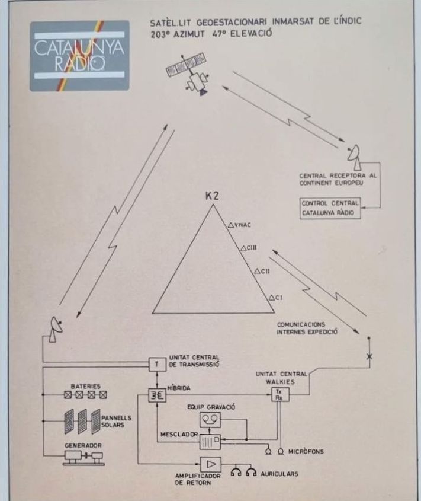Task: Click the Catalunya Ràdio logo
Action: [79, 56]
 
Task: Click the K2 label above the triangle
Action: [213, 196]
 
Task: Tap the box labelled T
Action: [157, 364]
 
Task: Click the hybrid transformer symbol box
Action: [157, 396]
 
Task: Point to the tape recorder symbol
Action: [211, 419]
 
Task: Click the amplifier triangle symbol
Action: [210, 464]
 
